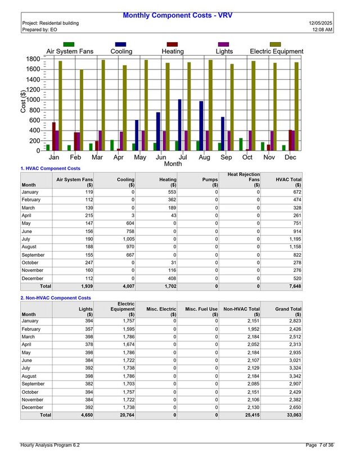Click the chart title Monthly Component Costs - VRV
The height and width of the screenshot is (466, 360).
coord(177,15)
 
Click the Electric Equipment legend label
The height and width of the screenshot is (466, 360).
coord(276,51)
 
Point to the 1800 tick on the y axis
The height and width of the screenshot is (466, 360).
coord(33,59)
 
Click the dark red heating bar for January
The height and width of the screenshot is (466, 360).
coord(54,136)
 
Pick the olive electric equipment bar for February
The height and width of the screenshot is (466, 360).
coord(81,110)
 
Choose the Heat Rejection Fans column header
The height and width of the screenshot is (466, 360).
coord(244,180)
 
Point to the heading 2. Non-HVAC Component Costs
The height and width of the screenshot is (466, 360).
coord(56,298)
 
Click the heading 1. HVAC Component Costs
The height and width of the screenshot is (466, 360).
coord(51,168)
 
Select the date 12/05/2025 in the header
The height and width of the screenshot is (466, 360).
coord(322,23)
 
